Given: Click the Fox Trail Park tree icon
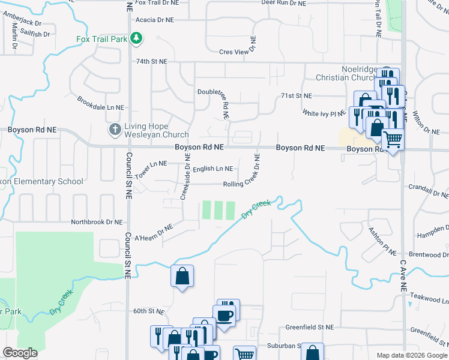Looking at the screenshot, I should tap(137, 39).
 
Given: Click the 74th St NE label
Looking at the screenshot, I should tap(151, 61).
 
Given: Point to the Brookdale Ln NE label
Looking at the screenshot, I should tap(100, 102).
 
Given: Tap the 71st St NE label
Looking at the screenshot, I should tap(297, 96).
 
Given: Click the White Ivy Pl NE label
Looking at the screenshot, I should tap(324, 113).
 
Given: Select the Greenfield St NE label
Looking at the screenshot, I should tap(309, 328).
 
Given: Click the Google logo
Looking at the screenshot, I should tap(20, 353).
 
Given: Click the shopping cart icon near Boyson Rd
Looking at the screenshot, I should tap(393, 140).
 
